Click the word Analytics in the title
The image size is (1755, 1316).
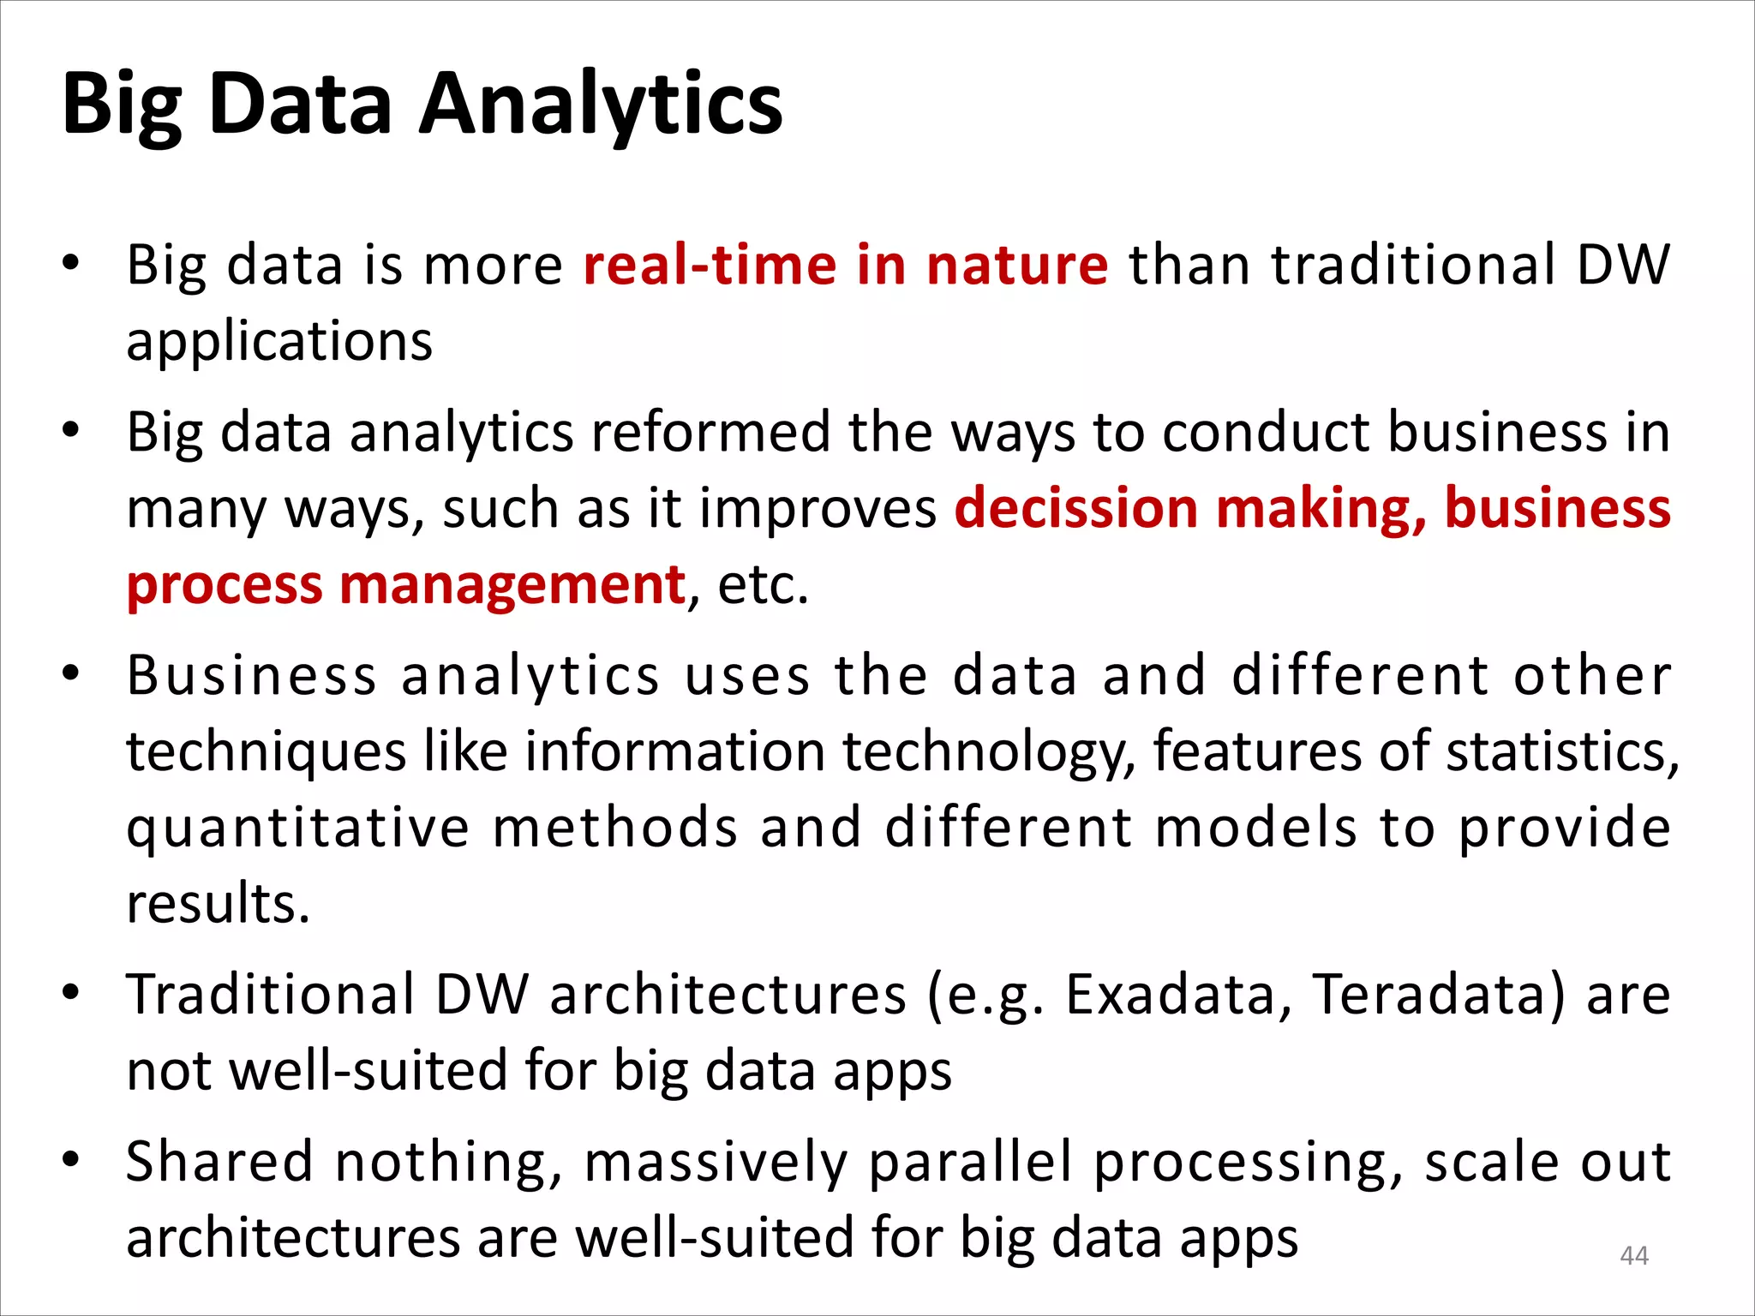point(600,105)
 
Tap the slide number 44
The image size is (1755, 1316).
point(1633,1255)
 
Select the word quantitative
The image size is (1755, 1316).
point(298,828)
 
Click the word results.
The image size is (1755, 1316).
point(218,904)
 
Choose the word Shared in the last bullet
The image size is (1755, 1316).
point(219,1162)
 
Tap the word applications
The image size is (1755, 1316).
point(279,341)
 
